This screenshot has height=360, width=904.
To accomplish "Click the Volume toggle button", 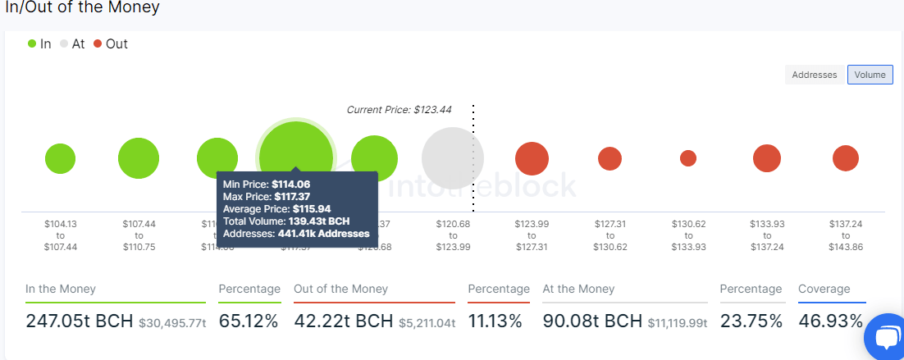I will [870, 75].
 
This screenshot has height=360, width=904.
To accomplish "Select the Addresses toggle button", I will [814, 75].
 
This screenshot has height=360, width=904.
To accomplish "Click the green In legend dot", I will [32, 43].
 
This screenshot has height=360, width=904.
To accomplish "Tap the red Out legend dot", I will [98, 43].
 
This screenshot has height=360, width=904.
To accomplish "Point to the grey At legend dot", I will [64, 43].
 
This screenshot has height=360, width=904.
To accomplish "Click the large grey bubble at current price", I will [452, 158].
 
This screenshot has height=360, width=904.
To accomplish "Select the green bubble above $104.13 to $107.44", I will [61, 158].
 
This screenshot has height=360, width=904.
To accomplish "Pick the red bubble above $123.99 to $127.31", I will [532, 158].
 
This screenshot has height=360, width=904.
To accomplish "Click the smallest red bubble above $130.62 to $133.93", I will [688, 158].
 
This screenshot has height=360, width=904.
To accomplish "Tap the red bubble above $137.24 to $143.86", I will [846, 158].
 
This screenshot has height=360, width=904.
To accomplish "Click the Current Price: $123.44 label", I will [399, 110].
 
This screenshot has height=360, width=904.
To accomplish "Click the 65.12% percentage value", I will [249, 321].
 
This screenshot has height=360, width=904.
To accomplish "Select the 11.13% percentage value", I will [495, 321].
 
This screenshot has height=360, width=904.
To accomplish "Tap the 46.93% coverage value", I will [830, 321].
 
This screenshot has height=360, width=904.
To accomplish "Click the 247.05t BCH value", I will [79, 321].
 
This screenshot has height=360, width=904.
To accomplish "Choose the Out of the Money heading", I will [340, 289].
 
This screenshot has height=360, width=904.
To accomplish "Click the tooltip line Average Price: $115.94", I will [276, 209].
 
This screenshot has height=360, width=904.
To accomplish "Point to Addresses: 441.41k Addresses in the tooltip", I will [295, 234].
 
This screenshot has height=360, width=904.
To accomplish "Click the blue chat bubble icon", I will [887, 337].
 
